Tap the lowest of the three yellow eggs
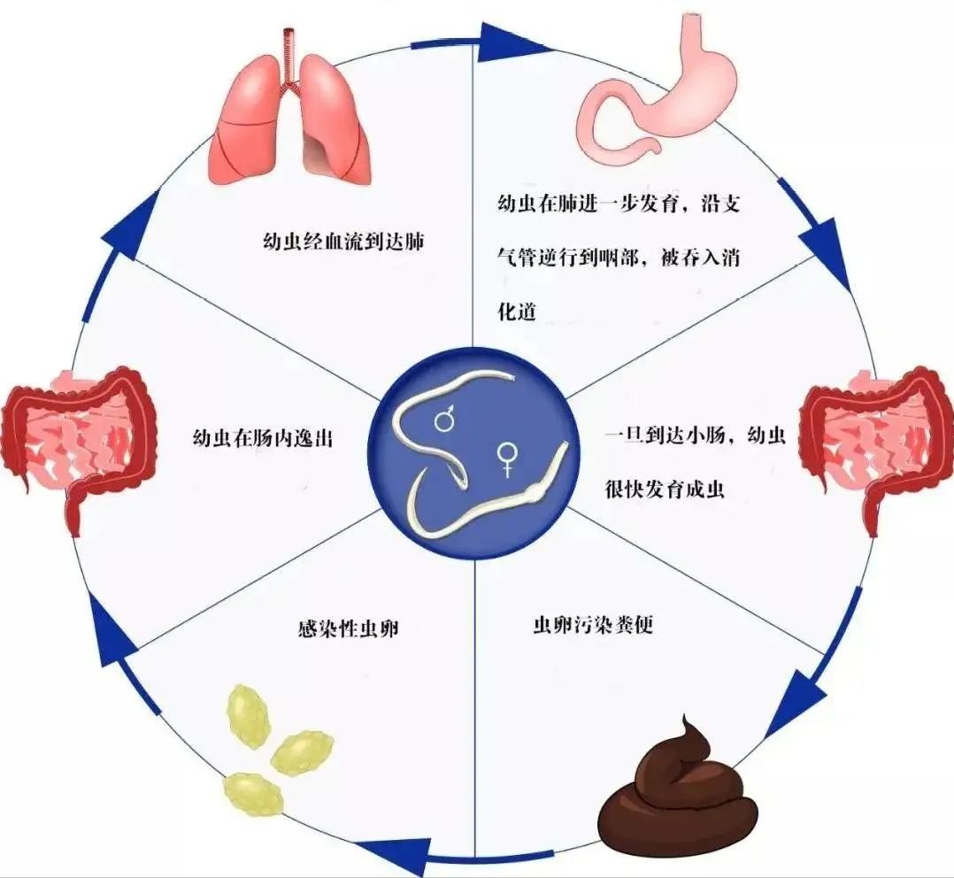pos(254,792)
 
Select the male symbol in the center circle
pos(445,418)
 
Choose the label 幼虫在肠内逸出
pos(262,436)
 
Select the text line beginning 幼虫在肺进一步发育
pos(618,204)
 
